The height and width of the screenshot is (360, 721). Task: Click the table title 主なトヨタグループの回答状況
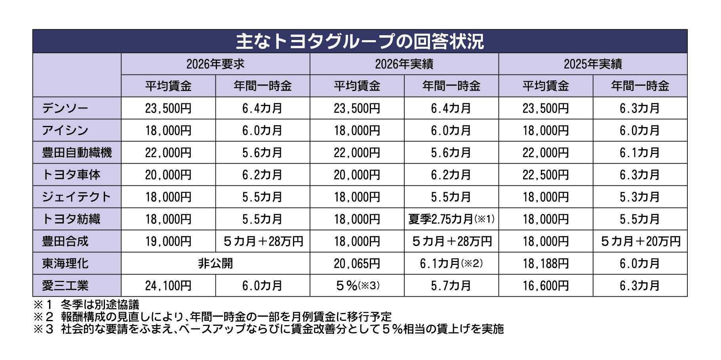point(360,41)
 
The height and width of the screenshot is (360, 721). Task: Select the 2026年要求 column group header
point(215,64)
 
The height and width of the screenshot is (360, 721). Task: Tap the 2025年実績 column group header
point(593,64)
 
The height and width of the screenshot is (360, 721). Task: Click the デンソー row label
point(65,108)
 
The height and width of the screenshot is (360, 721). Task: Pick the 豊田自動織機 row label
point(77,152)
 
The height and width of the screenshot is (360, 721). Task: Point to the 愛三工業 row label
point(65,286)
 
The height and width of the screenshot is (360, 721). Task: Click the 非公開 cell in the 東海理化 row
point(215,263)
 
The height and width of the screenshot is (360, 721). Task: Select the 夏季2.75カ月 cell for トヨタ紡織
point(451,219)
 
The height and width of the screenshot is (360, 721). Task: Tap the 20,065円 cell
point(357,263)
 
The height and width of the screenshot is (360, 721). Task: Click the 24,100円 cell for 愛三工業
point(168,286)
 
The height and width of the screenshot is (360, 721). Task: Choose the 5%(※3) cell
point(357,286)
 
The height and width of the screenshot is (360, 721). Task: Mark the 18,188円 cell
point(546,263)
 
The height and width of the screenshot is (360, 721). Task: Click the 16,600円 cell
point(546,286)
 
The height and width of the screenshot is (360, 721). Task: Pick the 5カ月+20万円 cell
point(640,241)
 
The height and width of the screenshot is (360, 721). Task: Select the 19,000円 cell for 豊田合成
point(168,241)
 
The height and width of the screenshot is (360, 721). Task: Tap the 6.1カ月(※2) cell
point(451,263)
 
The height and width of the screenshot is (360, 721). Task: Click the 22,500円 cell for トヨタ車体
point(546,175)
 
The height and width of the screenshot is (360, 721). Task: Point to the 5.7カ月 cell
point(451,286)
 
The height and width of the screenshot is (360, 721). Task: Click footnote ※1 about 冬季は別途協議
point(86,305)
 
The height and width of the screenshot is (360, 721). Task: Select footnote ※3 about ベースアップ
point(268,329)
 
